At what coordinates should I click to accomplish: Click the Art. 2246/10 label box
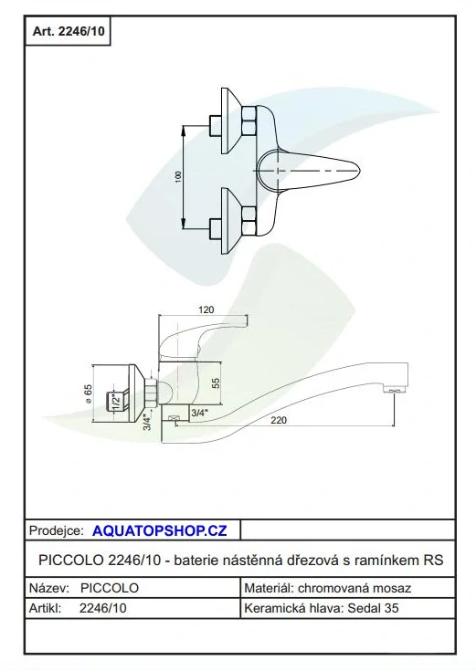pyautogui.click(x=68, y=31)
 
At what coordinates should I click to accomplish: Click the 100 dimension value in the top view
pyautogui.click(x=179, y=177)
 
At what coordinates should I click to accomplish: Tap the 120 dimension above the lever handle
pyautogui.click(x=206, y=309)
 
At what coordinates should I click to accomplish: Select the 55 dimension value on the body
pyautogui.click(x=216, y=383)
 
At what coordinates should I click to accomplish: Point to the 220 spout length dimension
pyautogui.click(x=279, y=420)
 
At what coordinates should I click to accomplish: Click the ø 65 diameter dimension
pyautogui.click(x=88, y=393)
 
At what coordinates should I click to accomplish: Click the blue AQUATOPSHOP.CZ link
pyautogui.click(x=159, y=530)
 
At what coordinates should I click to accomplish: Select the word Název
pyautogui.click(x=48, y=588)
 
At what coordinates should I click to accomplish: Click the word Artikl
pyautogui.click(x=45, y=608)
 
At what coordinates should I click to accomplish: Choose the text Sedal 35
pyautogui.click(x=373, y=608)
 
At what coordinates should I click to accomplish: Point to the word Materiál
pyautogui.click(x=269, y=588)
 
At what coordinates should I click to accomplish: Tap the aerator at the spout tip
pyautogui.click(x=394, y=390)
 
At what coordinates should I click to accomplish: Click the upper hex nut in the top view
pyautogui.click(x=249, y=121)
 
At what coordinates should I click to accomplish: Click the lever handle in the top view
pyautogui.click(x=309, y=171)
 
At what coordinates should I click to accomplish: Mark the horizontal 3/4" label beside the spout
pyautogui.click(x=199, y=413)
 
